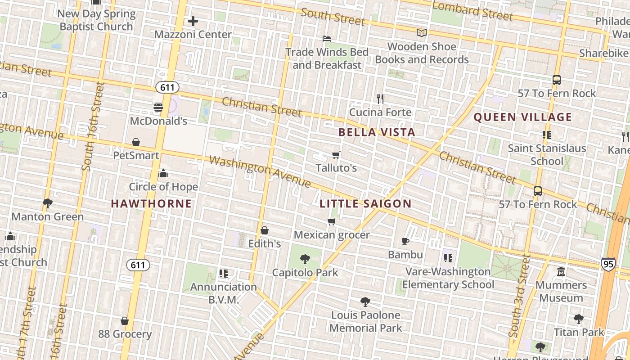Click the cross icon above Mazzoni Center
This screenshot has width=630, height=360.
[x=193, y=21]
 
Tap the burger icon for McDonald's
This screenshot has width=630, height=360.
[x=158, y=108]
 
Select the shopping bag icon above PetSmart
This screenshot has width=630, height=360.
[x=136, y=143]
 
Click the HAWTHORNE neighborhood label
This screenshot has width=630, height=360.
[x=151, y=204]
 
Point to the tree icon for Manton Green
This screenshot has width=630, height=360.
[x=47, y=203]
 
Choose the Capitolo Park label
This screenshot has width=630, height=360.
[x=305, y=273]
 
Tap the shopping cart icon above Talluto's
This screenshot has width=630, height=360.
[x=336, y=155]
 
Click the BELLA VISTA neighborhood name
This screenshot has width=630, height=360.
[x=377, y=132]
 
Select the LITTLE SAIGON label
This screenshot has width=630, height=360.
[x=365, y=204]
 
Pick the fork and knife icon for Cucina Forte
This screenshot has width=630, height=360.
[x=380, y=99]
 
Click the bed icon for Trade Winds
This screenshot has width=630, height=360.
[x=327, y=39]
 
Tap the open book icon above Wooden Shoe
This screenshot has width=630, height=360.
[x=421, y=33]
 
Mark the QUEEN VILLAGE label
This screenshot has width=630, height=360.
[x=522, y=117]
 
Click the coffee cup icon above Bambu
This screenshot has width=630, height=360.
[x=405, y=242]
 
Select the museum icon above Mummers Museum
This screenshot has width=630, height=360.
[x=561, y=272]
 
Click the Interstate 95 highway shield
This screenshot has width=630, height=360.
[x=608, y=264]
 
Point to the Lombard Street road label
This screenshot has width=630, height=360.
[x=472, y=12]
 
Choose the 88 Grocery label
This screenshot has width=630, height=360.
[x=125, y=334]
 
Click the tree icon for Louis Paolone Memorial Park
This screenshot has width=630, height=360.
[x=365, y=302]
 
